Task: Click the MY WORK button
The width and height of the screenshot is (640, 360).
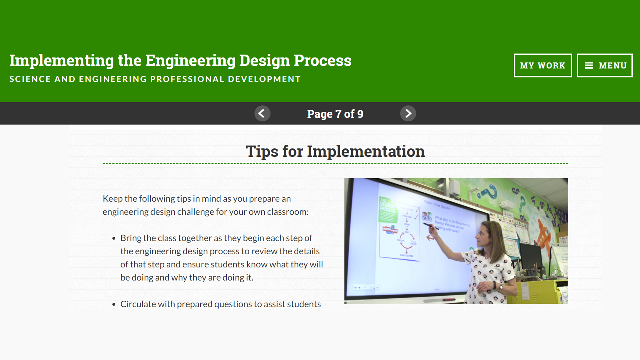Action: click(542, 65)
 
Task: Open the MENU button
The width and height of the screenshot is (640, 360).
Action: click(605, 65)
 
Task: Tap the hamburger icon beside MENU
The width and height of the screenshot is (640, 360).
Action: click(589, 65)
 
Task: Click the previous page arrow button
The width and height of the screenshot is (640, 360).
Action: click(262, 114)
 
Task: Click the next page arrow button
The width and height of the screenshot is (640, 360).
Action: click(408, 114)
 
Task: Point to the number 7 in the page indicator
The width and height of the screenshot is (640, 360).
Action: click(338, 114)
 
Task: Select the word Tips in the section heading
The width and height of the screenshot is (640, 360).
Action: click(262, 151)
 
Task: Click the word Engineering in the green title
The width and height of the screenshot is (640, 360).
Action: click(190, 61)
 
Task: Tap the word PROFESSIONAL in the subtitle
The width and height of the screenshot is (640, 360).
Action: click(187, 79)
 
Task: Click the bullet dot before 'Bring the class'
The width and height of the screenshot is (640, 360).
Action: click(114, 238)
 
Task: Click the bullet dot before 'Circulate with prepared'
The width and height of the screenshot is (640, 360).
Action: click(114, 304)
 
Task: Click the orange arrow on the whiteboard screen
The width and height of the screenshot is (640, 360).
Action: click(430, 238)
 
